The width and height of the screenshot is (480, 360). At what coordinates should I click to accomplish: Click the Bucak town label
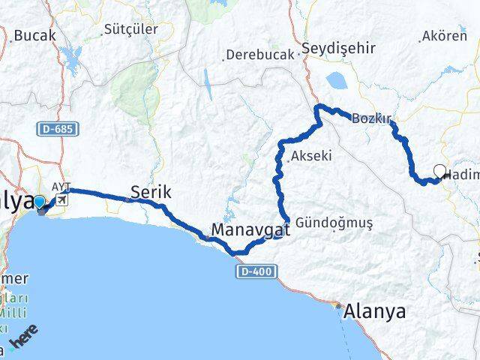pos(31,35)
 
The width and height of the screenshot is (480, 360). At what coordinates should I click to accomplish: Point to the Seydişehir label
pos(337,48)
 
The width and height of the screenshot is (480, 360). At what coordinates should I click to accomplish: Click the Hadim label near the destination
pos(460,175)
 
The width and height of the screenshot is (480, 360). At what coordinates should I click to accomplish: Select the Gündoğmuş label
pos(334,223)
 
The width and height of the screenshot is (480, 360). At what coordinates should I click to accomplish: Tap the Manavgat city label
pos(250,228)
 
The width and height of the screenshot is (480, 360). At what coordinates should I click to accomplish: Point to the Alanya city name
pos(374,312)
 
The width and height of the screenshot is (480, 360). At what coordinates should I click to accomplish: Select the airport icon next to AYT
pos(61,200)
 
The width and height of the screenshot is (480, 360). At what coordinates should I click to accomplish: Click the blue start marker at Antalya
pos(39,202)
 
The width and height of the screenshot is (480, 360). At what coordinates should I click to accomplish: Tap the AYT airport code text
pos(60,187)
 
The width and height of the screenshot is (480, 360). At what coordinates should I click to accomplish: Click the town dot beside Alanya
pos(337,306)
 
